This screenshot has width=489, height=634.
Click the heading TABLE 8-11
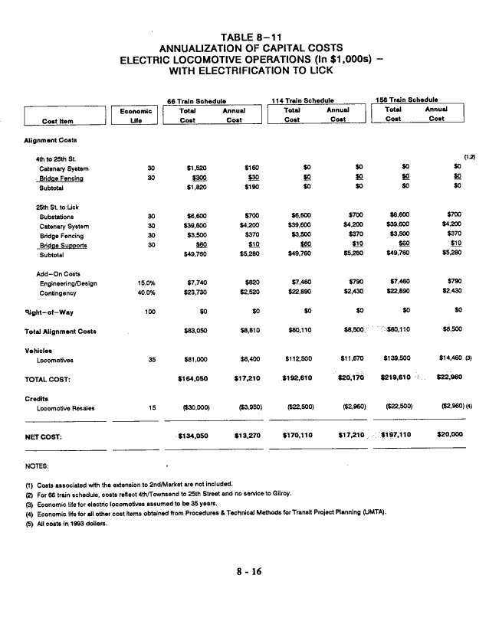click(x=244, y=37)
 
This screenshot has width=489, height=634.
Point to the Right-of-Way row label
click(x=49, y=312)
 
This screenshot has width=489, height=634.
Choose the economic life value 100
click(x=151, y=312)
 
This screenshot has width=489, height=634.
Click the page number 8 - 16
click(x=244, y=591)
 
